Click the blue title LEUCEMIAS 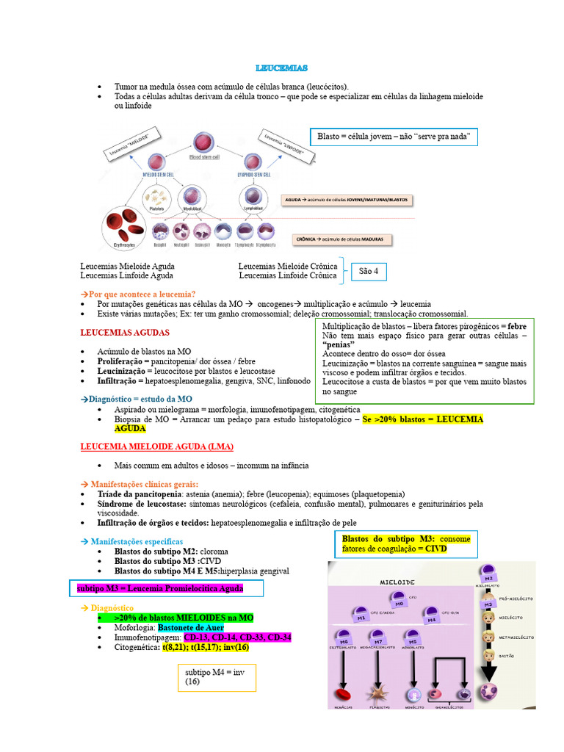(x=281, y=68)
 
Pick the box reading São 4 (x=369, y=272)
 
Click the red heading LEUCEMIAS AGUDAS (x=124, y=333)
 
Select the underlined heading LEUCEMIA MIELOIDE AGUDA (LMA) (x=156, y=446)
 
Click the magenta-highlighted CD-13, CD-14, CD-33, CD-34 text (x=237, y=637)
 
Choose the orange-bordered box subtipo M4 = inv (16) (x=217, y=677)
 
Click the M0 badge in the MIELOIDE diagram (x=397, y=599)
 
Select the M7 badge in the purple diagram (x=378, y=637)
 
